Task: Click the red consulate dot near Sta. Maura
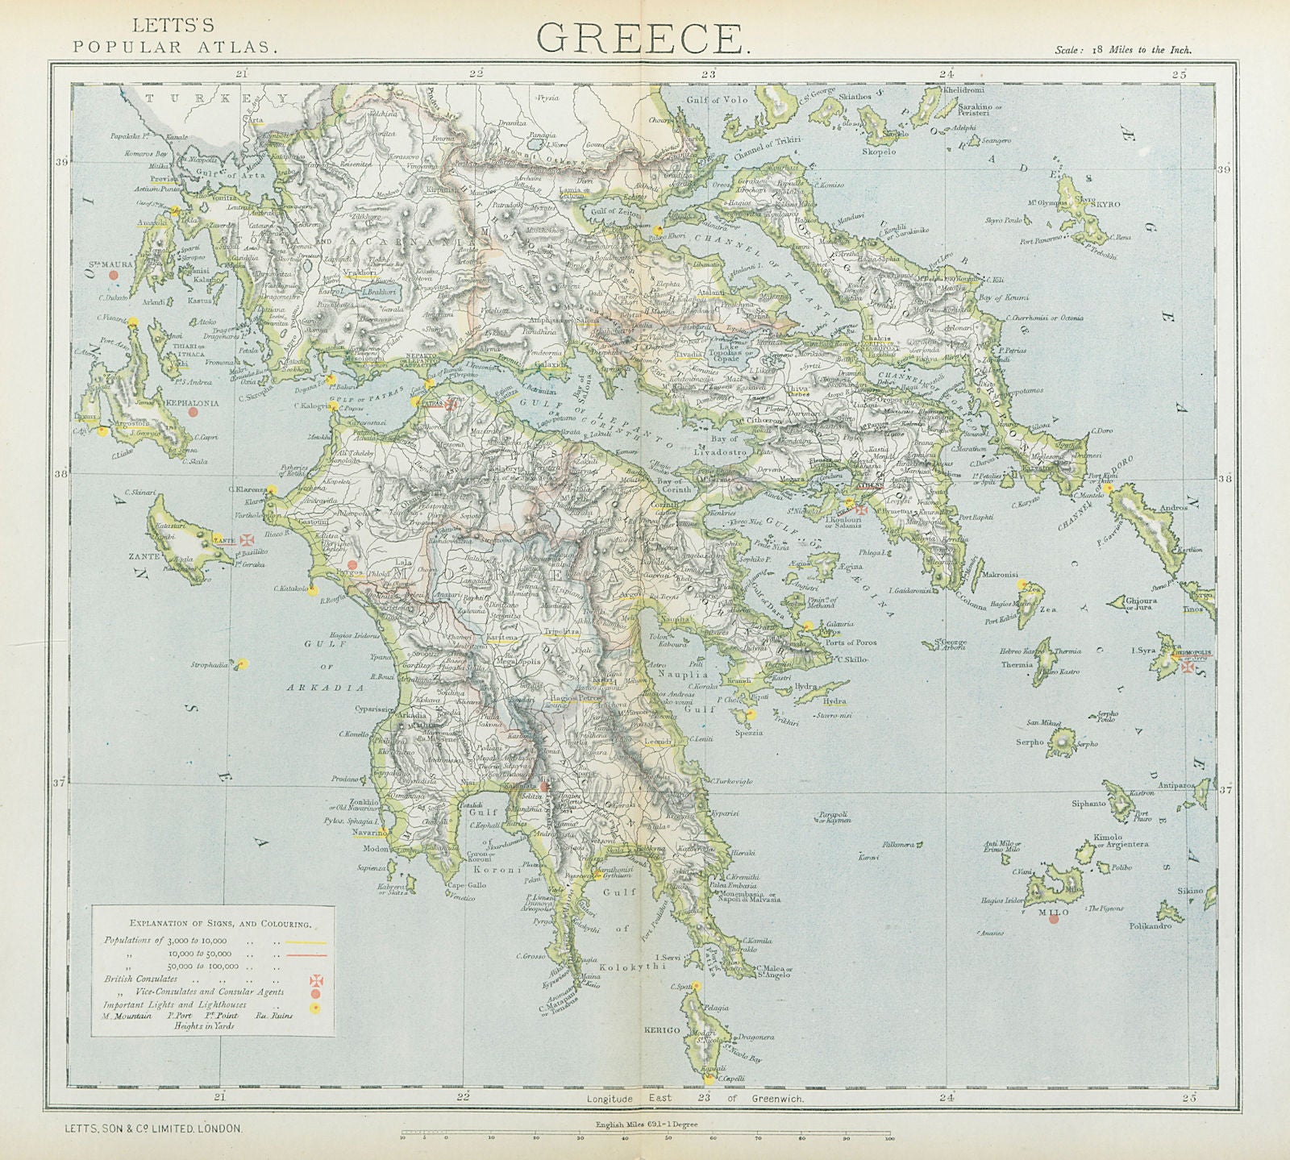[114, 275]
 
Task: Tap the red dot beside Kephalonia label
[193, 412]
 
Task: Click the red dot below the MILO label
[1053, 921]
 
